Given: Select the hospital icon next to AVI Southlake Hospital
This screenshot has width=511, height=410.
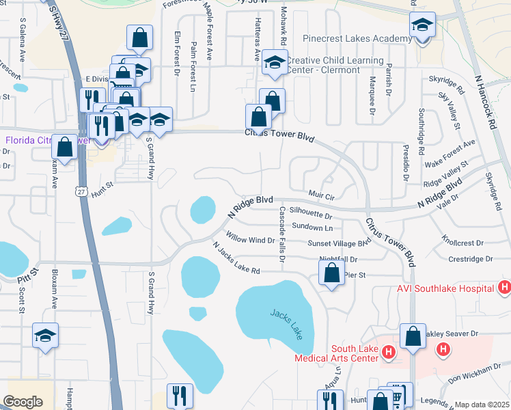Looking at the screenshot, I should pos(505,288).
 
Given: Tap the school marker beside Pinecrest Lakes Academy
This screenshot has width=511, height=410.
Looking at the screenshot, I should pos(422,27).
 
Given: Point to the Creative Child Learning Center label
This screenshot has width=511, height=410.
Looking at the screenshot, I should pos(335,66).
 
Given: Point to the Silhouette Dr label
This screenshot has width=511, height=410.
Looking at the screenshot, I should pos(311,214).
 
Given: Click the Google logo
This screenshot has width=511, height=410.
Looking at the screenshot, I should pos(23,402).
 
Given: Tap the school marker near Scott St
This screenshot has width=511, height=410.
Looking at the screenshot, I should pos(46,336).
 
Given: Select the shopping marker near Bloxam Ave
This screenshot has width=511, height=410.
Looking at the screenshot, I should pos(65,148).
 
